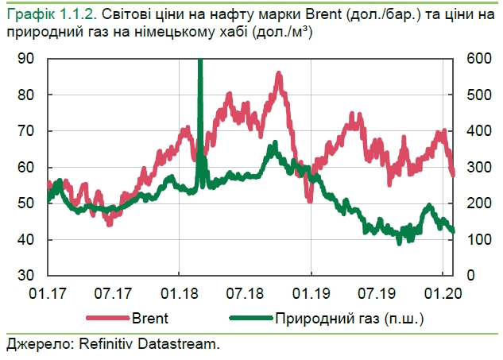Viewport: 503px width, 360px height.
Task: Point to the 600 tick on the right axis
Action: [474, 59]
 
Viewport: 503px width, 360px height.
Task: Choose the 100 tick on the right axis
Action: [474, 240]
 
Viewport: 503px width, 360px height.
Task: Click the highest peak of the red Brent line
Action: [279, 74]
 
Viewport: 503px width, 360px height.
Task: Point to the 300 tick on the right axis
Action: [474, 168]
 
